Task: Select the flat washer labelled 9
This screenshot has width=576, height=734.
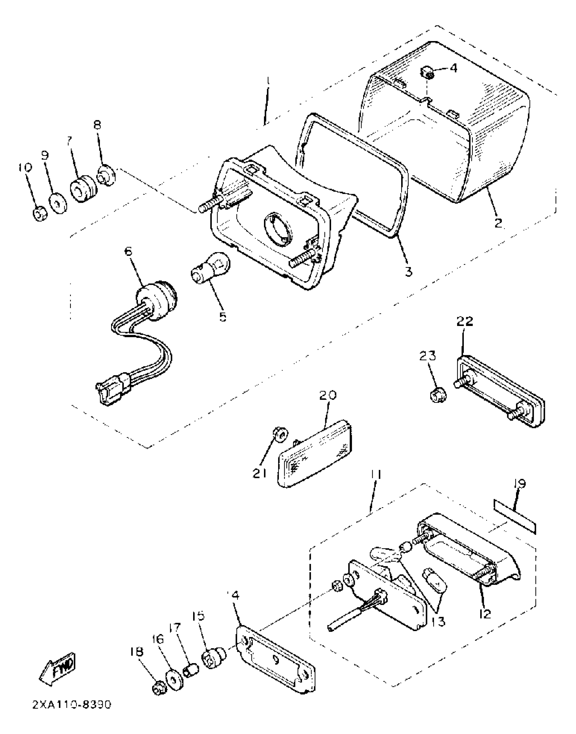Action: click(x=57, y=202)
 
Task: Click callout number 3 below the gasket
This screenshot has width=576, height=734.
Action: click(x=409, y=271)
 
